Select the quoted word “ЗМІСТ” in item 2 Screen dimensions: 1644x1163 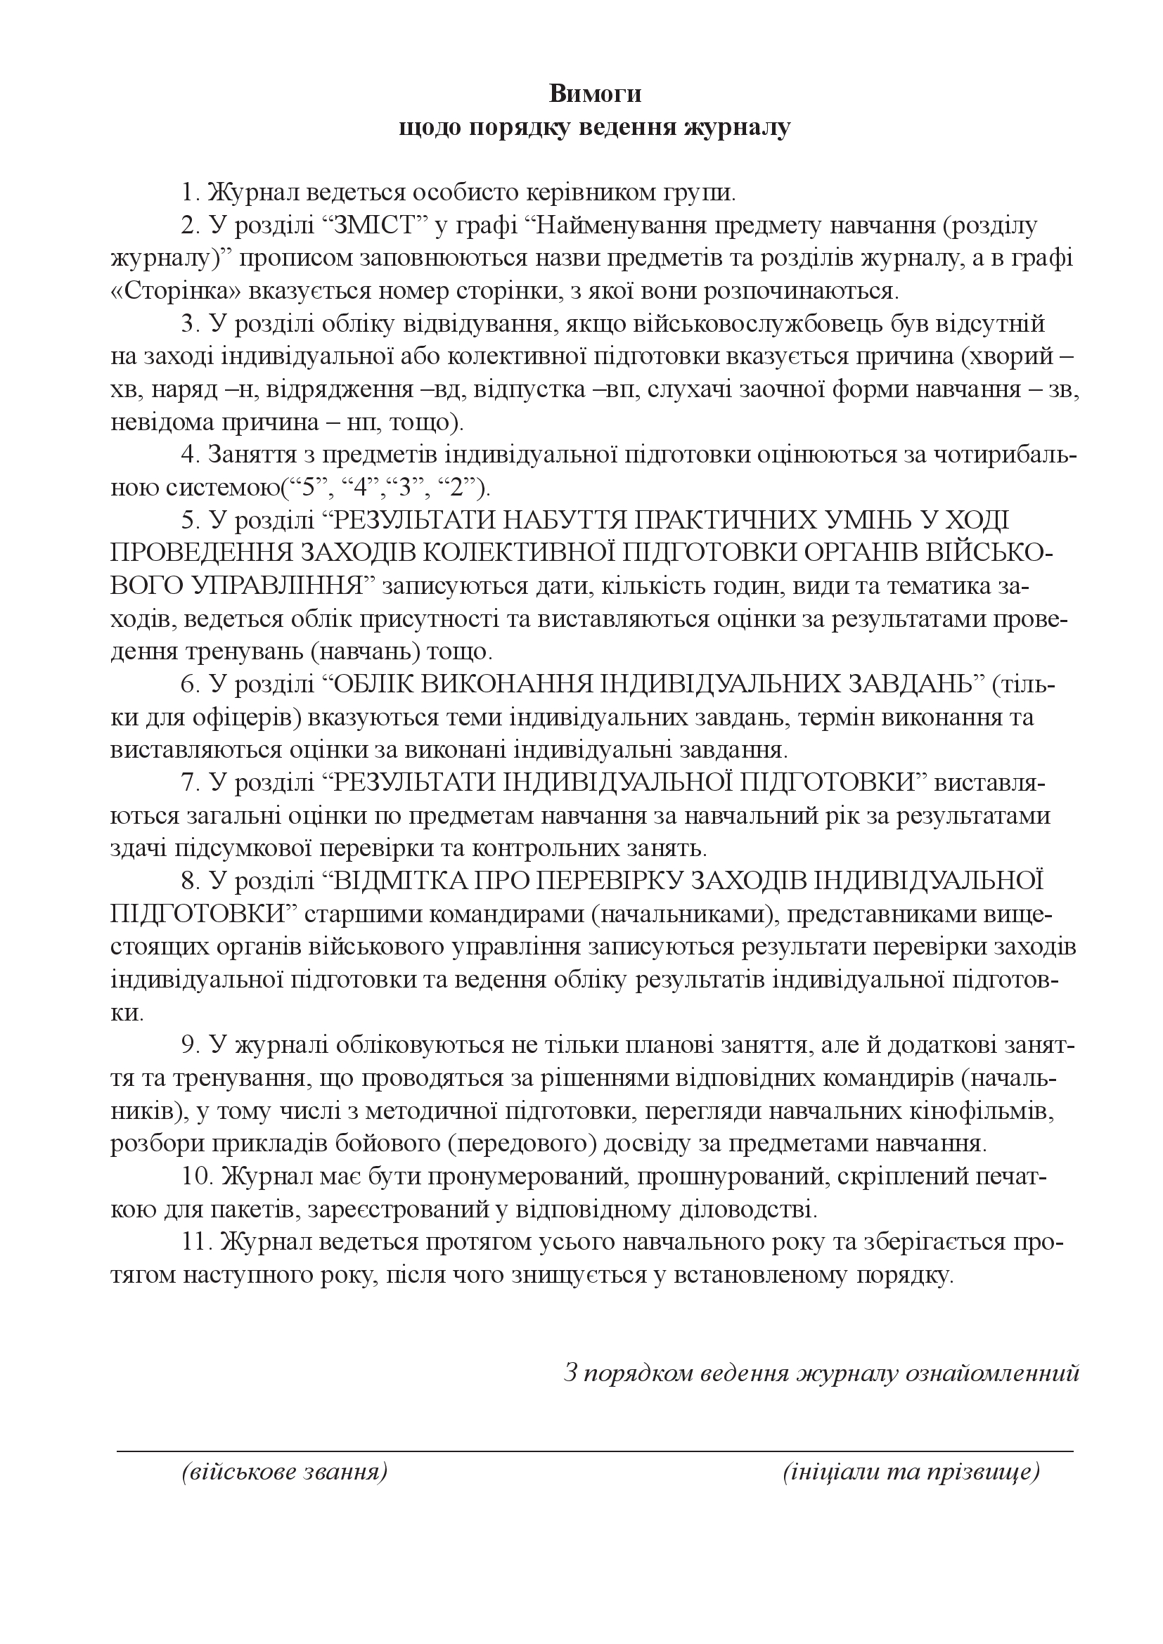[371, 226]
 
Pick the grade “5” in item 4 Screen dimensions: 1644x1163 [304, 488]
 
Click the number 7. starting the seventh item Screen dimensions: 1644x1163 [189, 783]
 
